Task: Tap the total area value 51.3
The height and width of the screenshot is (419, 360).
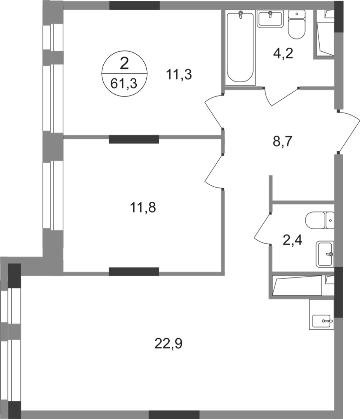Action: (125, 83)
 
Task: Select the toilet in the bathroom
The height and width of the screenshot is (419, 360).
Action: (296, 26)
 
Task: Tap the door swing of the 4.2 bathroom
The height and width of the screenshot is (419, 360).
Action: (282, 97)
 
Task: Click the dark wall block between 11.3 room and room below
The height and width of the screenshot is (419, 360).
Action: (134, 139)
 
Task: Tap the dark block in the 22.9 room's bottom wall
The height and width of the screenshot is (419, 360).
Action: (174, 414)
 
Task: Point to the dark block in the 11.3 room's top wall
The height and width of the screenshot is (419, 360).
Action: (134, 5)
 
